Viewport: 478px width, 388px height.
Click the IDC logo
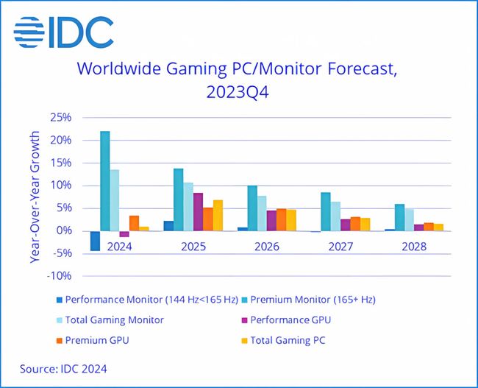(x=63, y=32)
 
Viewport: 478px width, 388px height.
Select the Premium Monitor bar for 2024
(x=105, y=180)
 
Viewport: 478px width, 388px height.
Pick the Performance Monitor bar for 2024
(x=96, y=241)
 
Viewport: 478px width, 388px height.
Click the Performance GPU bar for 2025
(x=199, y=211)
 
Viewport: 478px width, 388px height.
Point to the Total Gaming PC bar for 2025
(x=218, y=215)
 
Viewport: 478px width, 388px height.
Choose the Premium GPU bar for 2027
(x=355, y=224)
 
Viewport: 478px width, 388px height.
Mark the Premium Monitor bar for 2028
(x=399, y=217)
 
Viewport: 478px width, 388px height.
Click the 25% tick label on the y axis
(x=60, y=118)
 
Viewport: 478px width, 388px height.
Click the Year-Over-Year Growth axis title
(x=35, y=197)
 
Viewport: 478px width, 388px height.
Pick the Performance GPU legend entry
(x=288, y=320)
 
